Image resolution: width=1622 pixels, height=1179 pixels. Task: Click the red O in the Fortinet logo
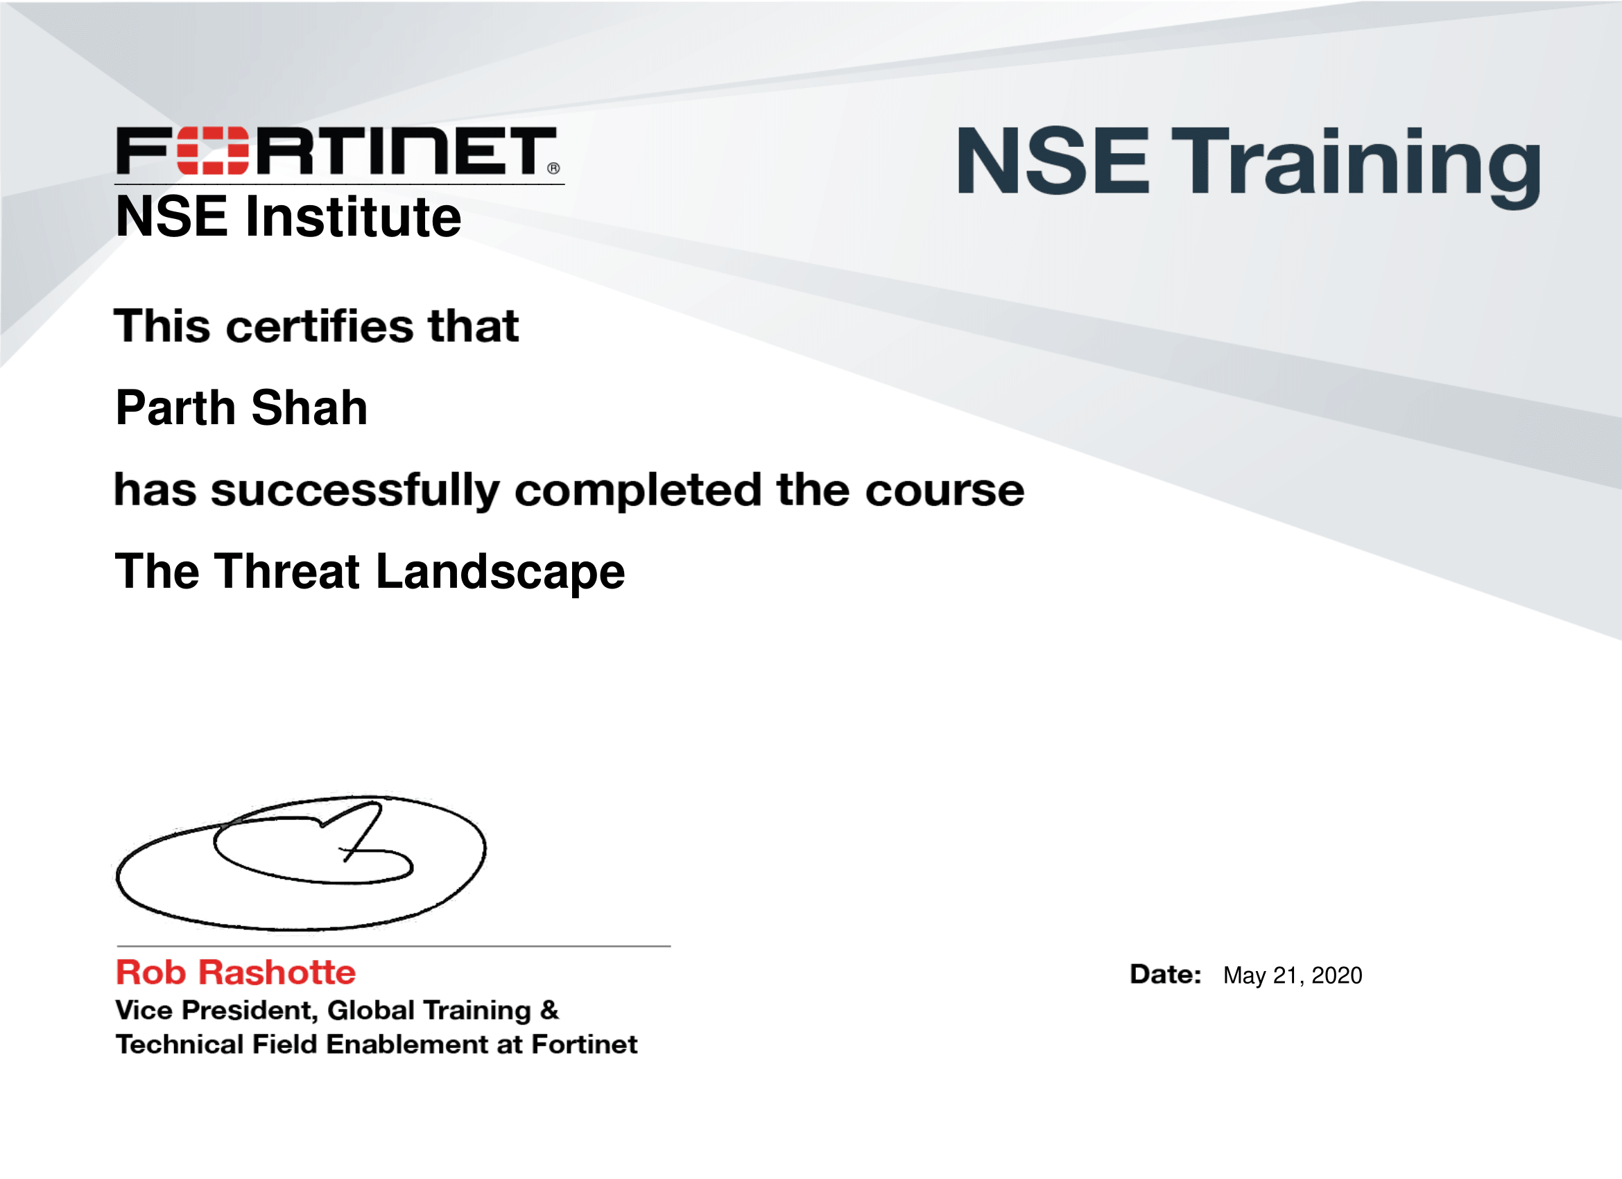[212, 151]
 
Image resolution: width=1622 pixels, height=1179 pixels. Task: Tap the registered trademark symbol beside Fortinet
[553, 168]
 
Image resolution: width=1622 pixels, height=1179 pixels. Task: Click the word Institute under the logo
[353, 217]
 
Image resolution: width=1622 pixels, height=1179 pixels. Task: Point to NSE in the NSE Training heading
[1053, 160]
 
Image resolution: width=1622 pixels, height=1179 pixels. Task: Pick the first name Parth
[175, 408]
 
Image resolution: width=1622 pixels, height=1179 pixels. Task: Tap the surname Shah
[309, 408]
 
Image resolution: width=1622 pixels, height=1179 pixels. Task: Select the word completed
[638, 491]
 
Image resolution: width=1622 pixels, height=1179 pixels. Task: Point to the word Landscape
[501, 573]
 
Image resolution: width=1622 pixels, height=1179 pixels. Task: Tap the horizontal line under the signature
[393, 946]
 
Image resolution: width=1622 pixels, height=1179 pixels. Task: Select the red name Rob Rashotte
[236, 972]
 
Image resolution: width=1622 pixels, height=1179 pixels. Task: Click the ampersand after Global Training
[549, 1010]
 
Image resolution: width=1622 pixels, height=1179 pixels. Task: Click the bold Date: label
[1166, 975]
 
